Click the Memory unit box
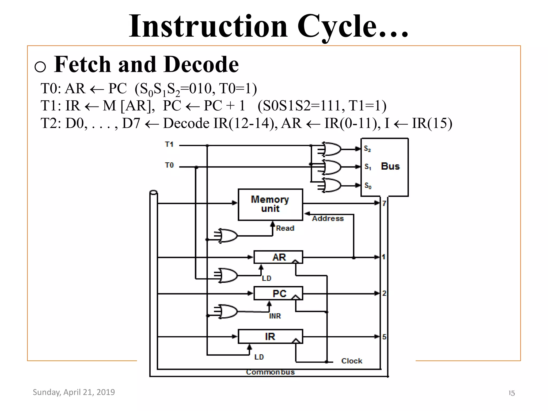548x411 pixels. click(x=270, y=204)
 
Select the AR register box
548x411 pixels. click(x=278, y=257)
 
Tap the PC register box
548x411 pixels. click(x=278, y=293)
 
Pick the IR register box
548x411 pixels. click(x=270, y=336)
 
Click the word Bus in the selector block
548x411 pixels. click(x=390, y=166)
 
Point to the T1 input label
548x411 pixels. click(x=169, y=144)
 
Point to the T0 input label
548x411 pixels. click(x=169, y=165)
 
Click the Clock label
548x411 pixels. click(x=352, y=361)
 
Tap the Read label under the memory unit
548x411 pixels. click(x=285, y=228)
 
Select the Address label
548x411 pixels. click(x=328, y=218)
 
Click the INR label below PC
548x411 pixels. click(x=275, y=316)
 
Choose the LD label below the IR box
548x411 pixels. click(x=259, y=357)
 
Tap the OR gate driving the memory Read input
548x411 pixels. click(x=228, y=236)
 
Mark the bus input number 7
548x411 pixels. click(x=384, y=203)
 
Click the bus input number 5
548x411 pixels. click(x=384, y=337)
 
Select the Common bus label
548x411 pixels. click(x=270, y=372)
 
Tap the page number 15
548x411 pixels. click(x=511, y=393)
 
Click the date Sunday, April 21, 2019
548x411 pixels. click(x=74, y=392)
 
